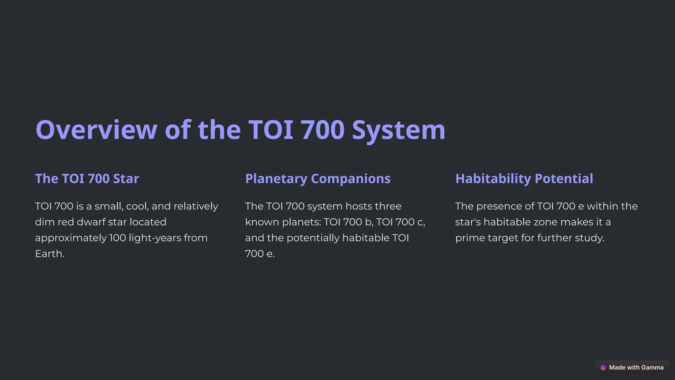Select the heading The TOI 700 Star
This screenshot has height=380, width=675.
pyautogui.click(x=87, y=178)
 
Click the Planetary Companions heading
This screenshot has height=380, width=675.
pyautogui.click(x=318, y=178)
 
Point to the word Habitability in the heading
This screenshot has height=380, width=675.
pyautogui.click(x=493, y=178)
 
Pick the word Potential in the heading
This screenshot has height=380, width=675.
pyautogui.click(x=564, y=178)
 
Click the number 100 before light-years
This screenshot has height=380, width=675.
pyautogui.click(x=117, y=238)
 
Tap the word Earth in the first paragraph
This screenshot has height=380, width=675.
pyautogui.click(x=49, y=254)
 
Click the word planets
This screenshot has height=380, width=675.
pyautogui.click(x=301, y=222)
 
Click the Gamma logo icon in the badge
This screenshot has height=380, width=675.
pyautogui.click(x=603, y=367)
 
